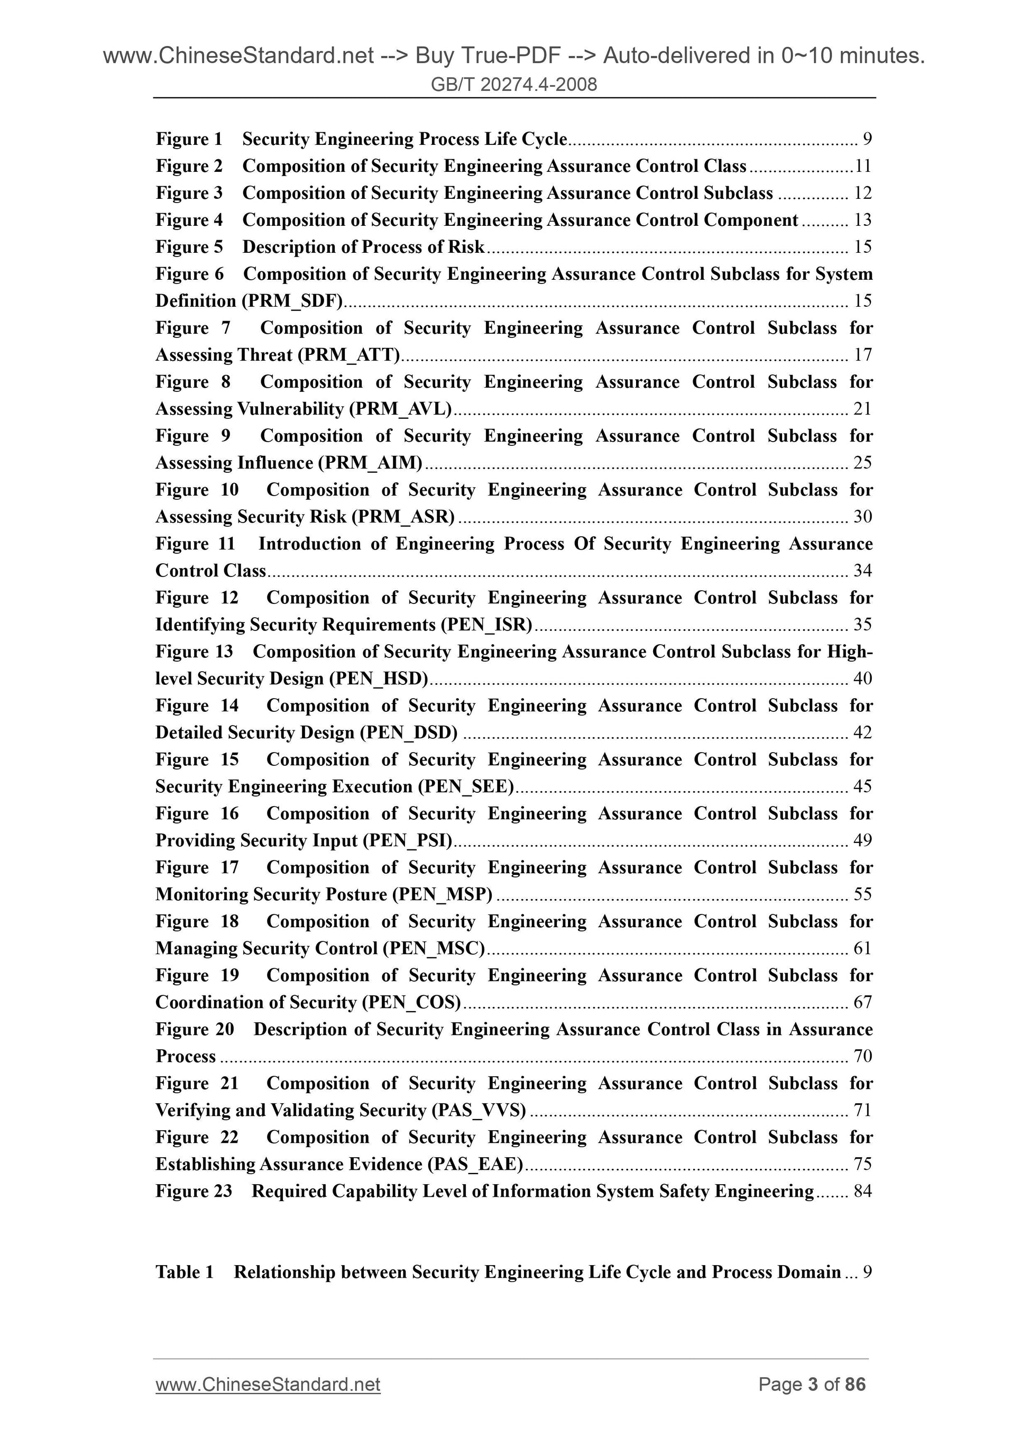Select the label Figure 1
[x=189, y=139]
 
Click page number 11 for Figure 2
[x=863, y=166]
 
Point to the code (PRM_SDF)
[x=292, y=300]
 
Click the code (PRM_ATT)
[x=348, y=354]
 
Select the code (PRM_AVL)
[x=400, y=409]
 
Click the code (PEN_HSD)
[x=379, y=679]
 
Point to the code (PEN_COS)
[x=411, y=1002]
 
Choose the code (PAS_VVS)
[x=479, y=1110]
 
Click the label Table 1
[x=184, y=1272]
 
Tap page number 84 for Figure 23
[x=863, y=1191]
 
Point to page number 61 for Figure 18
[x=863, y=948]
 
